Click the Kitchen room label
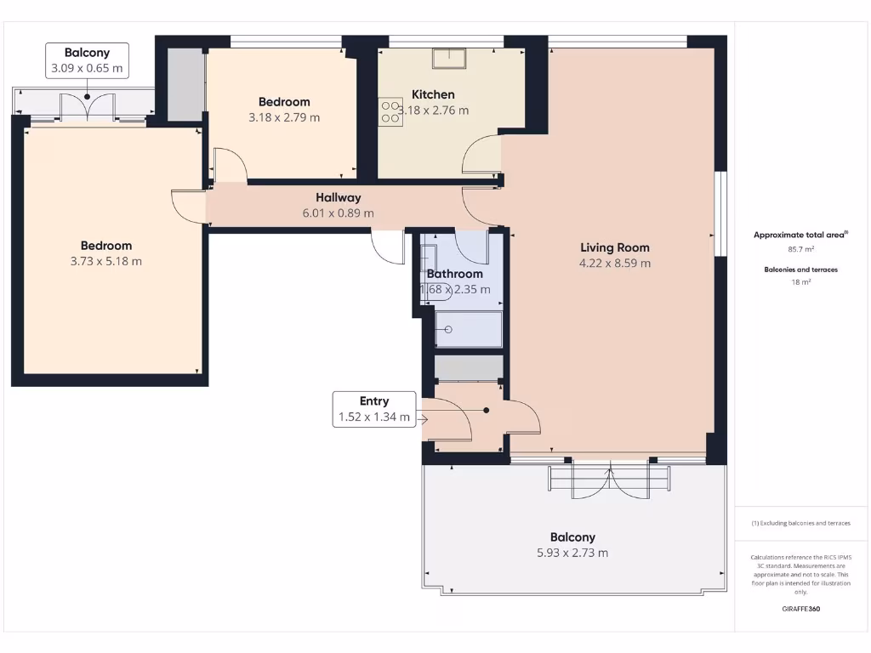click(x=433, y=94)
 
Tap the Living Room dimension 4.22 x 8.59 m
click(x=615, y=264)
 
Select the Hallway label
click(x=339, y=197)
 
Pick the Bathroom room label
click(x=454, y=274)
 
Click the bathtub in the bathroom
click(x=469, y=329)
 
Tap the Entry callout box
click(x=374, y=409)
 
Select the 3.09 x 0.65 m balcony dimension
click(x=87, y=68)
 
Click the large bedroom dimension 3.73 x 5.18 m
click(x=106, y=262)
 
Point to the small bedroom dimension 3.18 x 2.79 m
click(x=284, y=118)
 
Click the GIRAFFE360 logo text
click(x=800, y=609)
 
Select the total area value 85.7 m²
click(x=800, y=249)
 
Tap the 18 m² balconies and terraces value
click(x=800, y=281)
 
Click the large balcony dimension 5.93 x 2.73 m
click(x=572, y=553)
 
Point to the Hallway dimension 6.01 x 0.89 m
click(x=339, y=213)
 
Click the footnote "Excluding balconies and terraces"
click(x=800, y=523)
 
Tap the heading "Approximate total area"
click(x=799, y=235)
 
